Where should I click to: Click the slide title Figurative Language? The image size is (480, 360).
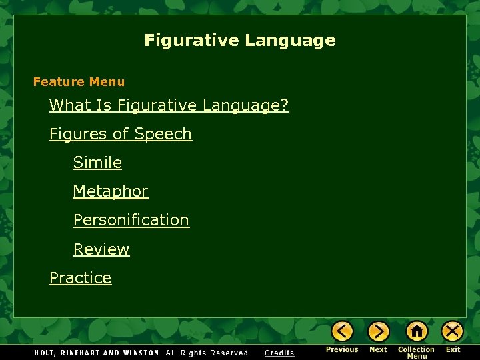point(239,41)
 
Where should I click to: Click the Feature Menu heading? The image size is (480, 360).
point(79,82)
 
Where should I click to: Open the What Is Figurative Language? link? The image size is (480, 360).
point(169,105)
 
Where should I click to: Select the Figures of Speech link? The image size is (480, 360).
point(120,134)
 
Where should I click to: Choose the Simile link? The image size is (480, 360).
point(97,163)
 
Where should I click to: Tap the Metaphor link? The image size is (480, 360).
point(110,191)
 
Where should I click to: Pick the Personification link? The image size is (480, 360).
point(131,220)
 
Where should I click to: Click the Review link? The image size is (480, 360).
point(101,249)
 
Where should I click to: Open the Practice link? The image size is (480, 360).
point(80,278)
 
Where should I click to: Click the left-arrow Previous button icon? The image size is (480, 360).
point(342,331)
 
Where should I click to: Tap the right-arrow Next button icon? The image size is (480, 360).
point(378,331)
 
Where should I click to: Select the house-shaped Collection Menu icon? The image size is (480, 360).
point(417,331)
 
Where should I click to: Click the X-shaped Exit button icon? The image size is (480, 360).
point(453,331)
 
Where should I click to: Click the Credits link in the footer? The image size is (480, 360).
point(279,353)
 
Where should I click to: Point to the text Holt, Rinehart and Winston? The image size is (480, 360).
point(97,353)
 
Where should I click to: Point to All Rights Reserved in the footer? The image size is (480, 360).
point(207,353)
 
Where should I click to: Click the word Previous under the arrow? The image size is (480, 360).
point(342,349)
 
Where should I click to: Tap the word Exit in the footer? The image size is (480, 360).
point(453,349)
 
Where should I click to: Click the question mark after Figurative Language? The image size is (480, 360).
point(285,105)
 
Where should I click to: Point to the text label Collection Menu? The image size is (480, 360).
point(417,353)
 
